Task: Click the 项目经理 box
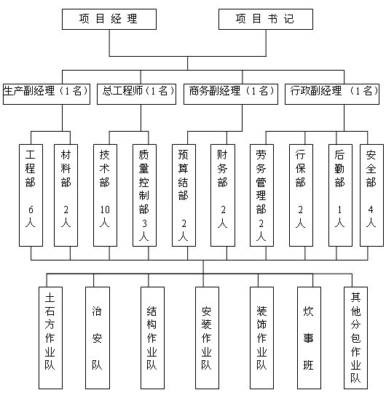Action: (109, 20)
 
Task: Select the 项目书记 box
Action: (266, 20)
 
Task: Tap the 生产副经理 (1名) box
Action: (47, 94)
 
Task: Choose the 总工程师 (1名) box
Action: (136, 94)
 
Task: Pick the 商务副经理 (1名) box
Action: (231, 94)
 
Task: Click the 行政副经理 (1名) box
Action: (332, 94)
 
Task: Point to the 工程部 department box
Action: (31, 195)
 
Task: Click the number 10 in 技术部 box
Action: (105, 210)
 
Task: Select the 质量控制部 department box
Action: (144, 195)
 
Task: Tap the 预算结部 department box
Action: (184, 195)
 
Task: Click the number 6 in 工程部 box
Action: (31, 210)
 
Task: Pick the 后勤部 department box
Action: (340, 195)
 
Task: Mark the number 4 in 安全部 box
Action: (371, 210)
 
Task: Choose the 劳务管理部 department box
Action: (261, 195)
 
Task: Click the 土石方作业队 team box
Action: (50, 338)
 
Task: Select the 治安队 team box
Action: (98, 338)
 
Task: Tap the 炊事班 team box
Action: (309, 338)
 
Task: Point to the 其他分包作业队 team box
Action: (355, 338)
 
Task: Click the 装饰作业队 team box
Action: (261, 338)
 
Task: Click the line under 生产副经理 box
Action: (62, 118)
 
